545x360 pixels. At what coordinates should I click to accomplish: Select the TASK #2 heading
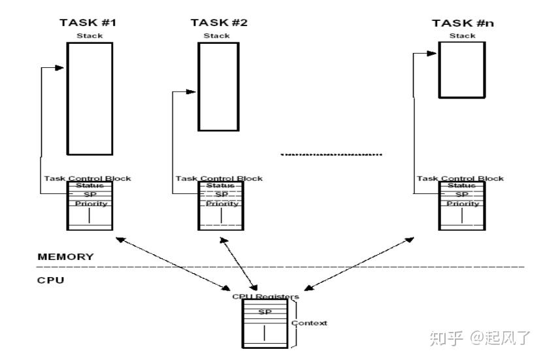coord(219,23)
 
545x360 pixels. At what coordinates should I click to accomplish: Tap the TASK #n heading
coord(461,24)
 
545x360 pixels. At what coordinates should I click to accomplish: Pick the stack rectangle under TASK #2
coord(218,87)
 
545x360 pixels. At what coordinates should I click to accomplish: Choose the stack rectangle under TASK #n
coord(461,70)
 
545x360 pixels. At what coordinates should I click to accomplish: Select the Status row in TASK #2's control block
coord(220,186)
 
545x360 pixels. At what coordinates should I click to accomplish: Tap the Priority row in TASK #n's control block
coord(463,203)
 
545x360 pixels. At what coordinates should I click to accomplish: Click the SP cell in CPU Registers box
coord(265,312)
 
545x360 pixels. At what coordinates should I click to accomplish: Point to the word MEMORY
coord(65,257)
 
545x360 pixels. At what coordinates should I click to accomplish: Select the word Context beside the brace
coord(309,323)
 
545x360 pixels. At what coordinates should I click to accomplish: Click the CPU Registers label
coord(265,297)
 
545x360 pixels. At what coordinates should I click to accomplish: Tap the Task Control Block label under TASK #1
coord(88,178)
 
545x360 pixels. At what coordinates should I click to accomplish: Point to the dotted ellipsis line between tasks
coord(331,155)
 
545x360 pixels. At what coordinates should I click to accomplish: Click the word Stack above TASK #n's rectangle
coord(462,36)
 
